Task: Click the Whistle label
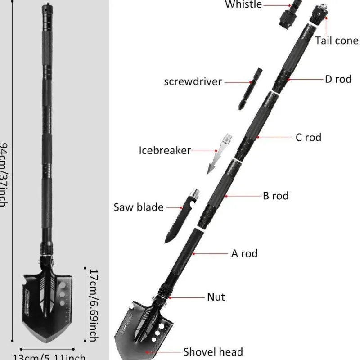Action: (243, 4)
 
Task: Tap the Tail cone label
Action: (337, 40)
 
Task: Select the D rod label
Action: (338, 79)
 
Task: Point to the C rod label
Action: (308, 137)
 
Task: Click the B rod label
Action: (275, 196)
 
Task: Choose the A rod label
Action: (244, 253)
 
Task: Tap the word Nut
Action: (216, 297)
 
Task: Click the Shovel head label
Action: (213, 352)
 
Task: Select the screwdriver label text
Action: (193, 82)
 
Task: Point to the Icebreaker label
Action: (165, 150)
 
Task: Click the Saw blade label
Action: (139, 207)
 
